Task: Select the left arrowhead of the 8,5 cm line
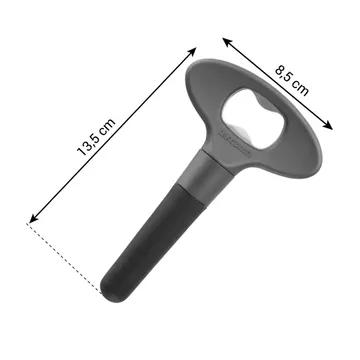point(227,41)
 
